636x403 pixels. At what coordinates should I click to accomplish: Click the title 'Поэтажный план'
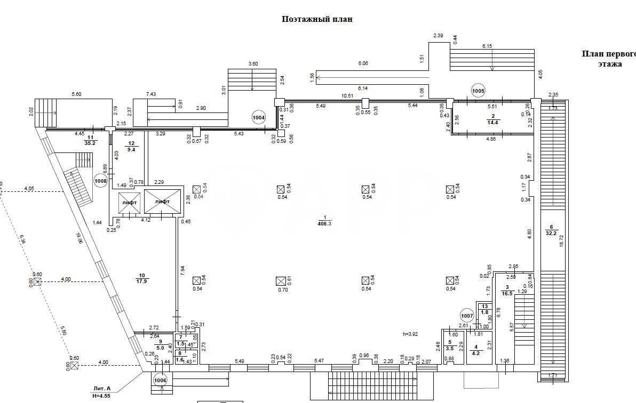coord(317,19)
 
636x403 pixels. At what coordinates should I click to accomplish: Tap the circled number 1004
coord(259,116)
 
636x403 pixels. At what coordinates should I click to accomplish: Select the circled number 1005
coord(478,91)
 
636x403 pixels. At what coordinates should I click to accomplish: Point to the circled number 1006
coord(160,381)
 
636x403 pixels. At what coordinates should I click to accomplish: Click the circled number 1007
coord(467,315)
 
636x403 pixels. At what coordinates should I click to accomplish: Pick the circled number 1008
coord(101,181)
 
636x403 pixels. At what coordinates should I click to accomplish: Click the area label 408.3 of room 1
coord(324,224)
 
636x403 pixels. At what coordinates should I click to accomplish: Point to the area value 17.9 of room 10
coord(142,281)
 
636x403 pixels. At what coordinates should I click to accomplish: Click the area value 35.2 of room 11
coord(90,143)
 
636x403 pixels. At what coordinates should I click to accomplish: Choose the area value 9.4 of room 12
coord(131,150)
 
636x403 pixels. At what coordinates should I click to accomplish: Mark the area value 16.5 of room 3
coord(507,293)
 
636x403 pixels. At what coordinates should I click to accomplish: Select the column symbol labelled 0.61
coord(281,280)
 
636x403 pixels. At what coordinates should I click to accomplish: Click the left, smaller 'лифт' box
coord(129,203)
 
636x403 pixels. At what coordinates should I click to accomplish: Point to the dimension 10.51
coord(347,96)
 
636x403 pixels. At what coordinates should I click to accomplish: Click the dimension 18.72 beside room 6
coord(561,241)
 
